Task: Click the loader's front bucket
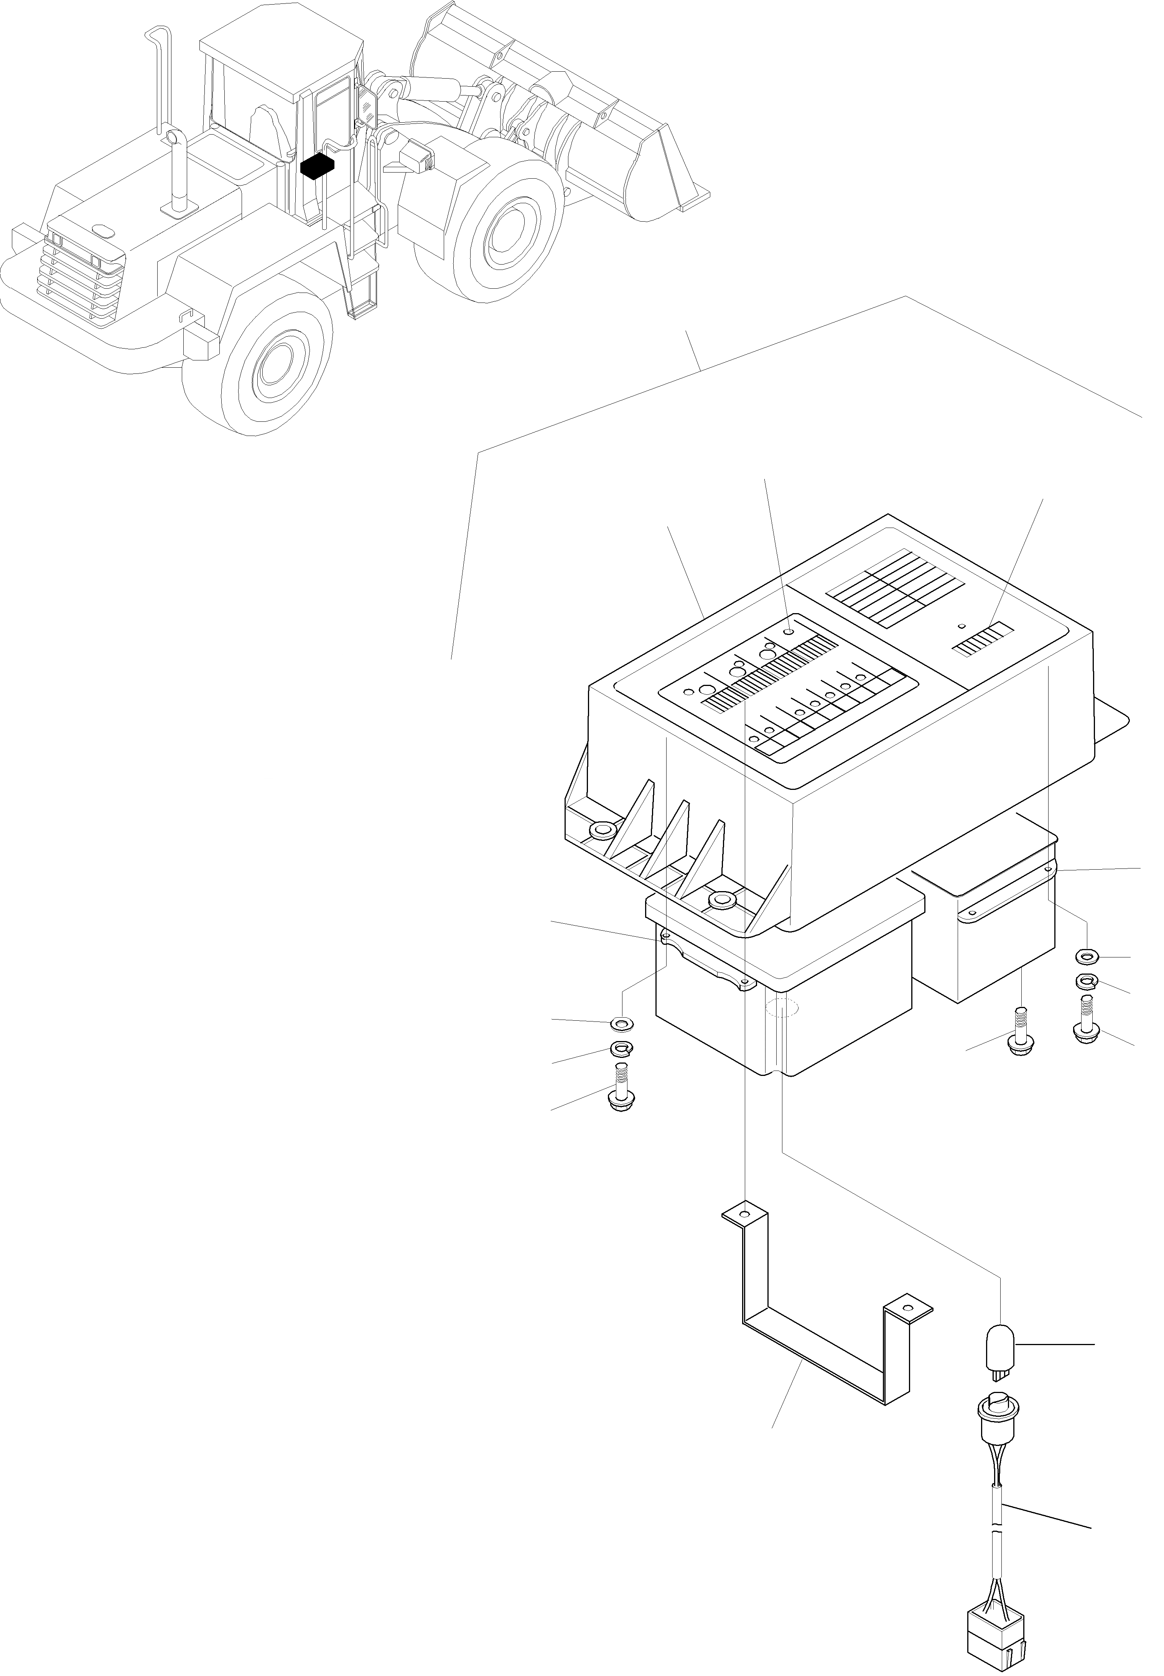pos(561,117)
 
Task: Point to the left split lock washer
pos(621,1050)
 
